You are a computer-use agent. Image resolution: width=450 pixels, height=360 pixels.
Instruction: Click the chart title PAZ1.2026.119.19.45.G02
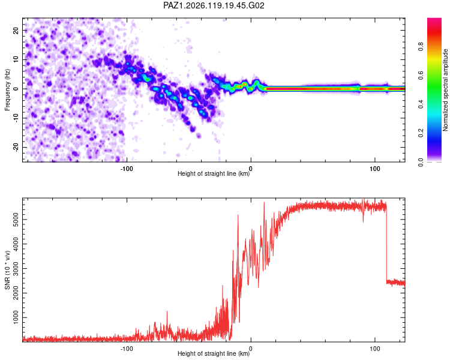[214, 5]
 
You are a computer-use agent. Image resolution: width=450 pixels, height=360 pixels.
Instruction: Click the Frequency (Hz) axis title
[7, 90]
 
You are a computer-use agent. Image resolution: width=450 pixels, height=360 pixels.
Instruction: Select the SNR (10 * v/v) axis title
[7, 270]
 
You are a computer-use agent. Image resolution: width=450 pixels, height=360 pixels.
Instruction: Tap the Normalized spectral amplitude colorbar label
[445, 90]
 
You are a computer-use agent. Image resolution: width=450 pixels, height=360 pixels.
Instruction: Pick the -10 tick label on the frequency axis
[16, 118]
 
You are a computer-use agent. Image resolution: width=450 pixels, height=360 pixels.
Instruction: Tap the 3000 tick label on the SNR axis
[16, 268]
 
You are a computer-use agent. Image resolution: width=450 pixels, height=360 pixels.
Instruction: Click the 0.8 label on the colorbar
[421, 46]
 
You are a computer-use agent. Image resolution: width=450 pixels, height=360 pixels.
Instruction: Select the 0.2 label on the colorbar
[421, 133]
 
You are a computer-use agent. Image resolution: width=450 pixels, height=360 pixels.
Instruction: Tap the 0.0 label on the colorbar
[421, 162]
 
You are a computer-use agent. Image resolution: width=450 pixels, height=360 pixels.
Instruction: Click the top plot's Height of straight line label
[214, 173]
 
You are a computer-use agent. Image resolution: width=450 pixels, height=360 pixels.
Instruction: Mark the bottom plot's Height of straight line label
[214, 353]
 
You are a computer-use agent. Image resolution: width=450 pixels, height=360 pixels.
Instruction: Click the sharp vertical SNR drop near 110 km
[386, 244]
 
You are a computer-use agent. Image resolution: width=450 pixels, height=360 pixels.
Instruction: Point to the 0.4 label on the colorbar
[421, 104]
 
